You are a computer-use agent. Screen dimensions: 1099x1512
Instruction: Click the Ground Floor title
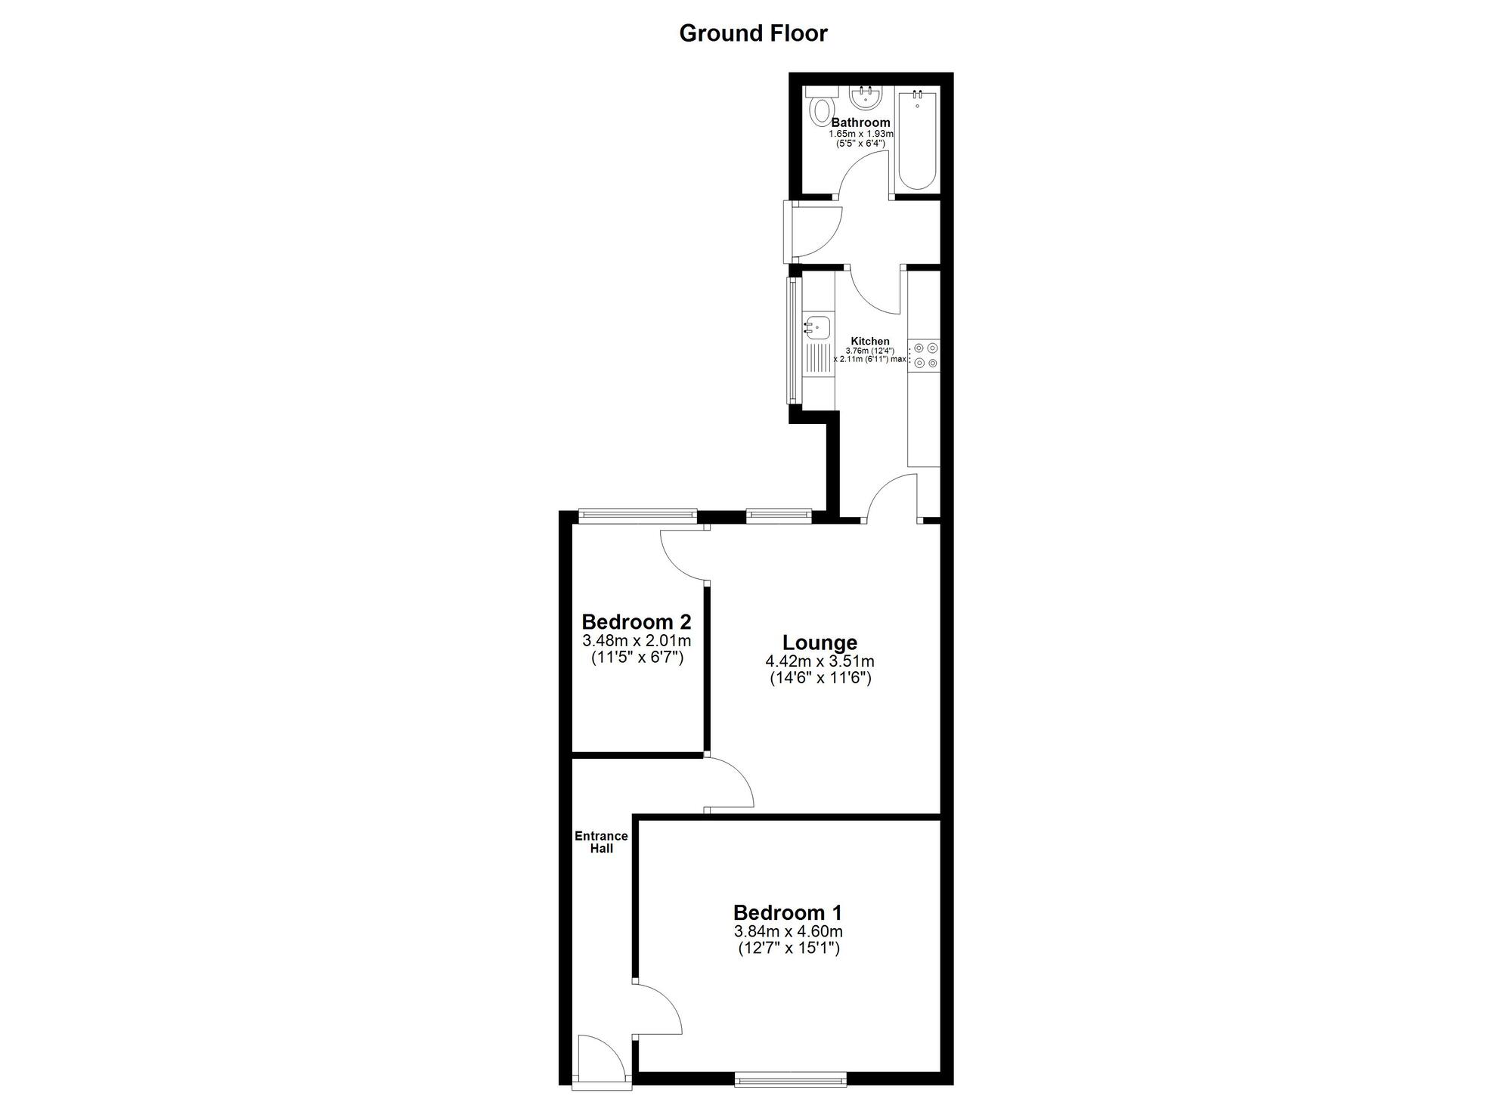(753, 33)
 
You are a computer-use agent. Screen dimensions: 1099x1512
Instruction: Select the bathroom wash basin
(864, 98)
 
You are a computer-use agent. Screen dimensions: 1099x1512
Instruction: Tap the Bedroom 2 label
(636, 622)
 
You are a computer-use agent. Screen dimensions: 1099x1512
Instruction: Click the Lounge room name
(820, 642)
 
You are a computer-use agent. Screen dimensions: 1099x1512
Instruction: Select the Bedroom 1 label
(787, 912)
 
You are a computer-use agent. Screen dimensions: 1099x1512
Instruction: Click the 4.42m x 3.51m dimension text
(820, 661)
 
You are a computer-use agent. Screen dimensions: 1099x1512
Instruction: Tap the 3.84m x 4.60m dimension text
(788, 931)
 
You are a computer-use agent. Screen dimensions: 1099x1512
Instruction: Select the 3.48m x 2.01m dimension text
(636, 641)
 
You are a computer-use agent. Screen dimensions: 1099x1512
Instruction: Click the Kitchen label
(870, 341)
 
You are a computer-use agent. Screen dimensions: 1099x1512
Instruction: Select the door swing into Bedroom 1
(658, 1010)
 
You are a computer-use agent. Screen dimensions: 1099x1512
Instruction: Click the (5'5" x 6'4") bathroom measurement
(861, 143)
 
